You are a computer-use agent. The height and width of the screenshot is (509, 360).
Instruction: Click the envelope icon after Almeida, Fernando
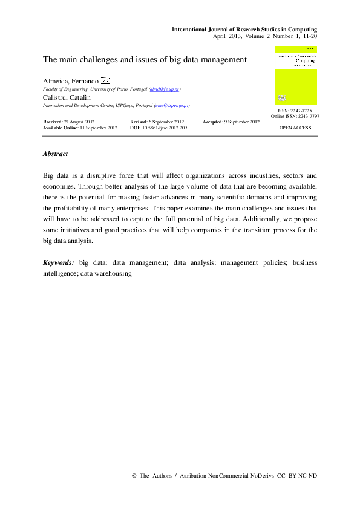pyautogui.click(x=105, y=80)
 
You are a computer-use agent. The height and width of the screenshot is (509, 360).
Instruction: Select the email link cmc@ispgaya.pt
pyautogui.click(x=172, y=105)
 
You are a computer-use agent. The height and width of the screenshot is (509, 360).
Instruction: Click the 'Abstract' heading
pyautogui.click(x=55, y=154)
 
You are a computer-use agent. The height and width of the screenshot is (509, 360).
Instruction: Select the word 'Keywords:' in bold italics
pyautogui.click(x=58, y=263)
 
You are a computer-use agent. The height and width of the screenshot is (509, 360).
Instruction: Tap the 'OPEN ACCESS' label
pyautogui.click(x=295, y=128)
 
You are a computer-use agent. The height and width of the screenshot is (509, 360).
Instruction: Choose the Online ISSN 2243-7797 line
pyautogui.click(x=295, y=116)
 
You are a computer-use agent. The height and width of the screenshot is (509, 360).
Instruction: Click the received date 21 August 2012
pyautogui.click(x=79, y=122)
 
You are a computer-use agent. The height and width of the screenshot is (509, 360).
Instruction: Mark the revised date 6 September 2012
pyautogui.click(x=166, y=122)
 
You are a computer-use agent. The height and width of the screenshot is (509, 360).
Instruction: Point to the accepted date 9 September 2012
pyautogui.click(x=242, y=122)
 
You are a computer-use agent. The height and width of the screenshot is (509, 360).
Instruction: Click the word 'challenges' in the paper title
pyautogui.click(x=97, y=60)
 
